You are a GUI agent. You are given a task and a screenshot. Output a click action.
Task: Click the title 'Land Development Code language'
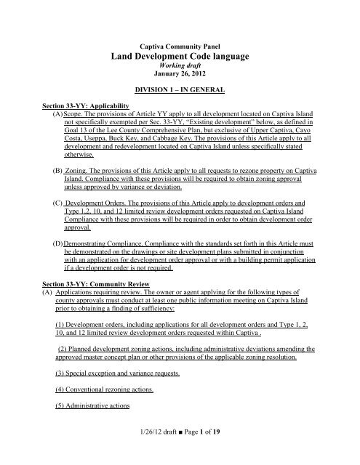pyautogui.click(x=179, y=56)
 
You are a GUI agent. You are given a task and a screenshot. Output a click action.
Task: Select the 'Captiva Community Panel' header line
pyautogui.click(x=179, y=44)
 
